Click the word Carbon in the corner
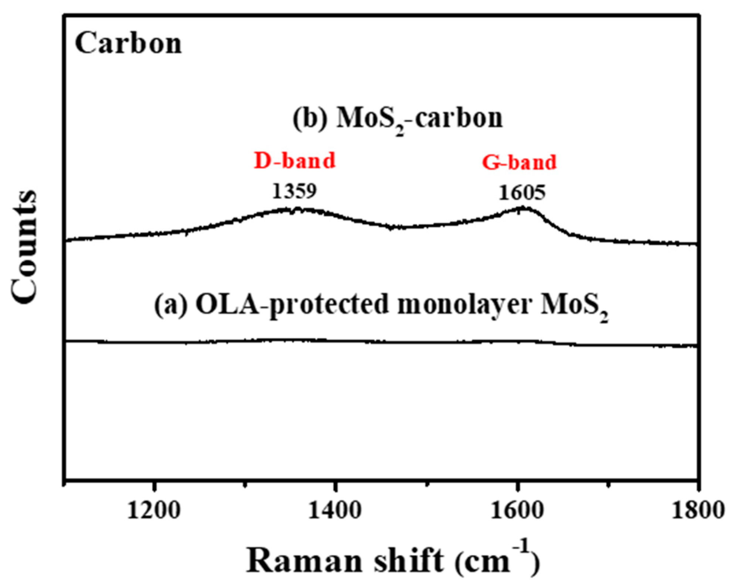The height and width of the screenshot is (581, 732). click(x=128, y=44)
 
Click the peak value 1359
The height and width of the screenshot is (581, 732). click(x=294, y=191)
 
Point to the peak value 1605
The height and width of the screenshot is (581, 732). click(x=522, y=192)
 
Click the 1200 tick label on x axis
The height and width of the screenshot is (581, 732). click(x=154, y=511)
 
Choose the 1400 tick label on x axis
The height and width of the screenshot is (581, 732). click(x=335, y=511)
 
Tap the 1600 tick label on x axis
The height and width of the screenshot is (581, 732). click(x=517, y=511)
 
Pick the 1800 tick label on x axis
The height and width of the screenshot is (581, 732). click(x=697, y=511)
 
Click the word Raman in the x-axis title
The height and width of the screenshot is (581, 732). click(x=304, y=561)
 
